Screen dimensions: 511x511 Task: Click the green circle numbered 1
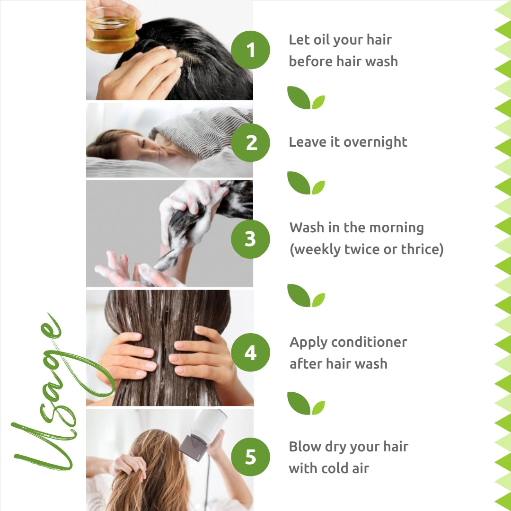click(250, 50)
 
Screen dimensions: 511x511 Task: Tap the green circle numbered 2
click(250, 142)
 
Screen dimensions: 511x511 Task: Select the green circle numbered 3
click(250, 239)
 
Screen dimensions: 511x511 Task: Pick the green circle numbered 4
click(250, 352)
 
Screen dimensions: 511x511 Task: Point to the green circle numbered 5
click(250, 457)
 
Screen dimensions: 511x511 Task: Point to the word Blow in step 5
click(304, 446)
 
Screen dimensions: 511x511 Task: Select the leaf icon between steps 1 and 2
click(306, 98)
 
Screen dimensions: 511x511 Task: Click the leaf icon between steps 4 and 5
click(306, 404)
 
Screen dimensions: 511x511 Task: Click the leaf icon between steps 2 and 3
click(306, 183)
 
